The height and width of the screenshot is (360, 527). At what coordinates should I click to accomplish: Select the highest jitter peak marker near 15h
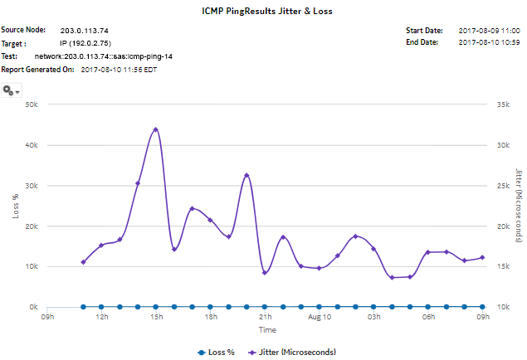156,129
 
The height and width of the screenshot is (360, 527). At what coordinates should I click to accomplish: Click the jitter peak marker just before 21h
246,175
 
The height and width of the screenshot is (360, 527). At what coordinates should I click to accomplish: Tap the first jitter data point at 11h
83,262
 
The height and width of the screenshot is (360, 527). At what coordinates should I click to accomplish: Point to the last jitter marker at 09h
482,257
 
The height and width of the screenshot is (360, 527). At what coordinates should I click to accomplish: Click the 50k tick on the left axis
32,105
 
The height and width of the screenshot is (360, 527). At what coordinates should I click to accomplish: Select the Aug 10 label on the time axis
320,317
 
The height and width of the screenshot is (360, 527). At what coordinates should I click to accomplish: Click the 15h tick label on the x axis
156,317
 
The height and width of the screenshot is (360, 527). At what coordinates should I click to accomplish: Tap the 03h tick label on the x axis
373,317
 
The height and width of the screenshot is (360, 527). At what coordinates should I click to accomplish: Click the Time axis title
266,329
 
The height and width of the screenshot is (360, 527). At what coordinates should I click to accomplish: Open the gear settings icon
12,90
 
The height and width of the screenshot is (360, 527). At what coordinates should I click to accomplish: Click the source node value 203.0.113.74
85,30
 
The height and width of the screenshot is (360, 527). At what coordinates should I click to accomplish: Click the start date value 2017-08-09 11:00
489,30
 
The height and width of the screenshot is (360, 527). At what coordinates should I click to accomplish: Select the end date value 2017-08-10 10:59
489,42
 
